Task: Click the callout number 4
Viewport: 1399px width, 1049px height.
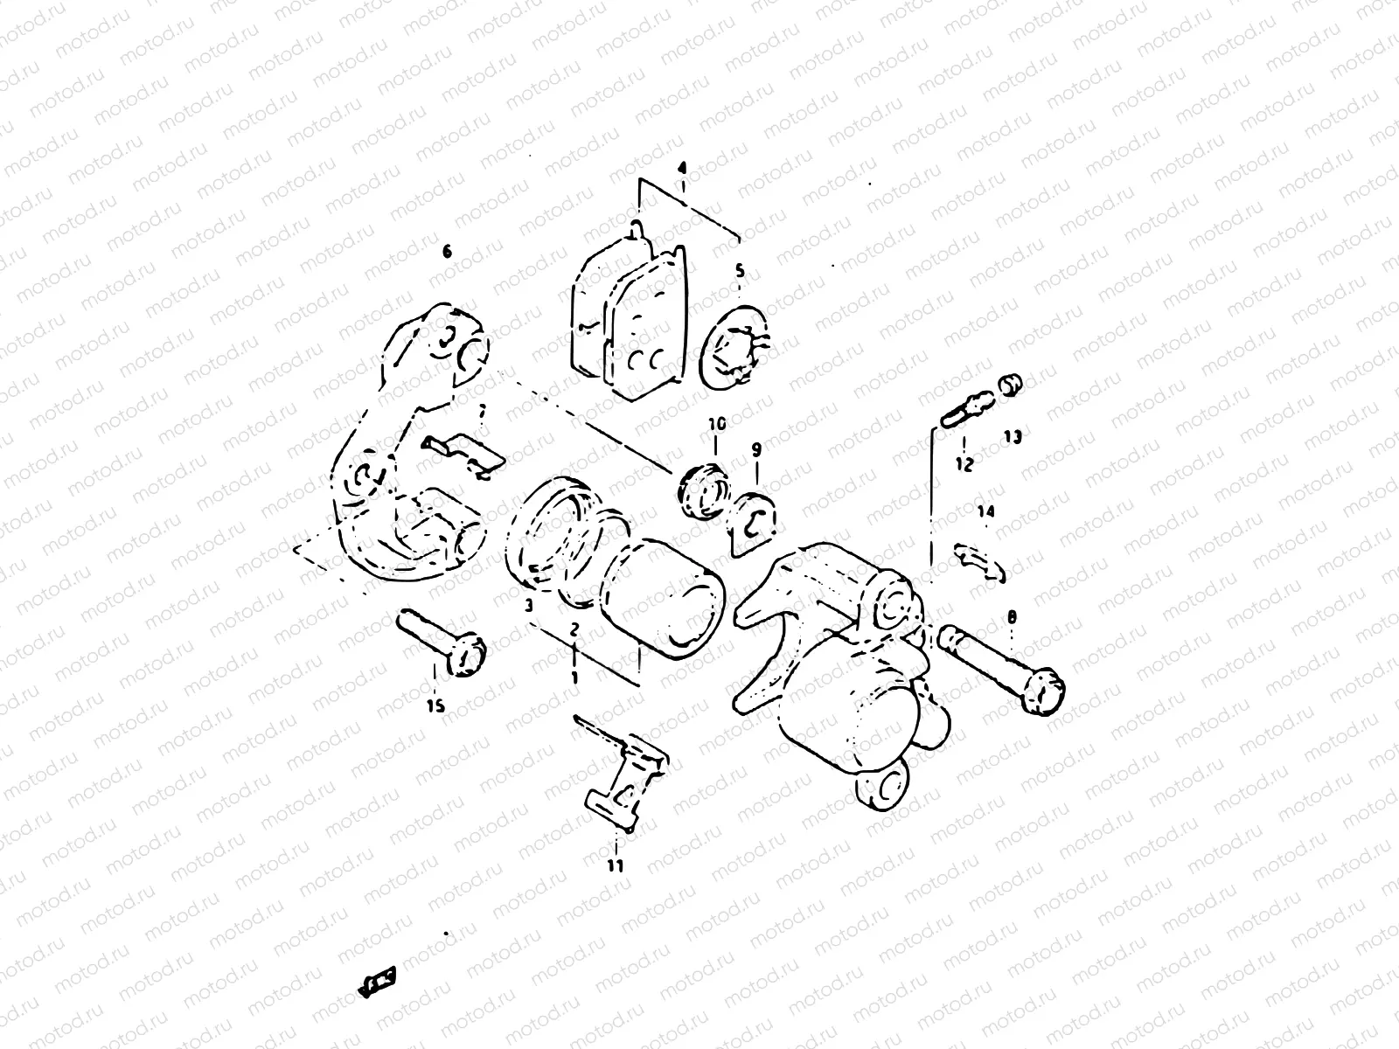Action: click(x=683, y=166)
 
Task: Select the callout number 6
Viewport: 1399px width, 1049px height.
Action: click(x=447, y=252)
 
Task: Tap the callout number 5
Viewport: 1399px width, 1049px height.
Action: click(x=740, y=272)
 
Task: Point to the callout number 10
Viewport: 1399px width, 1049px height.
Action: click(x=717, y=424)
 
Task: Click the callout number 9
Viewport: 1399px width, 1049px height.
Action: click(x=756, y=449)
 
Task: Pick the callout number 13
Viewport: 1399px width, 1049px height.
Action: click(x=1013, y=437)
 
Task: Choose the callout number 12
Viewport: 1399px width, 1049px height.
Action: click(x=964, y=464)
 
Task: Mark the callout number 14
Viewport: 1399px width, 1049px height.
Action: click(x=985, y=513)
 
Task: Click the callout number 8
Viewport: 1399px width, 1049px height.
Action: click(x=1013, y=618)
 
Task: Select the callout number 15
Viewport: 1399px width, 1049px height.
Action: click(x=435, y=705)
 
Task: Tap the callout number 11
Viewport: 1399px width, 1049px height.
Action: click(x=616, y=865)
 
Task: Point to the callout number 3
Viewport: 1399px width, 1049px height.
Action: click(x=528, y=605)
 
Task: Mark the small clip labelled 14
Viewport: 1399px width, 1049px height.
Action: click(x=979, y=561)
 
